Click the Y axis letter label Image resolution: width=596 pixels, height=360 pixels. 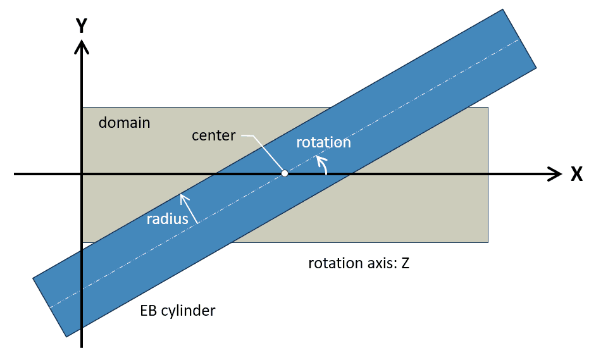(x=82, y=26)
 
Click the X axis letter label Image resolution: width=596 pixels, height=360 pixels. (x=576, y=175)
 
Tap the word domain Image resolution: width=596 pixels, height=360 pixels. (x=125, y=123)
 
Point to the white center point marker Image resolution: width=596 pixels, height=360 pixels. (x=285, y=173)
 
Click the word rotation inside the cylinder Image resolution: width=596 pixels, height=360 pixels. (x=323, y=143)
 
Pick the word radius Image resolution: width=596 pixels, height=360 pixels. (x=168, y=220)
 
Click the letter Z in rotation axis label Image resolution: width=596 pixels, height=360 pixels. (x=405, y=263)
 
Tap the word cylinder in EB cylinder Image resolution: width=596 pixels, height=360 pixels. (x=188, y=311)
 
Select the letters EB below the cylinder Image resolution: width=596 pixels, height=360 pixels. (x=149, y=311)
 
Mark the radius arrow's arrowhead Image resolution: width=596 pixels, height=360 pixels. (x=183, y=197)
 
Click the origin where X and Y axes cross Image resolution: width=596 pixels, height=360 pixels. (x=82, y=173)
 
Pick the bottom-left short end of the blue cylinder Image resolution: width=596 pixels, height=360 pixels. (x=49, y=307)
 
